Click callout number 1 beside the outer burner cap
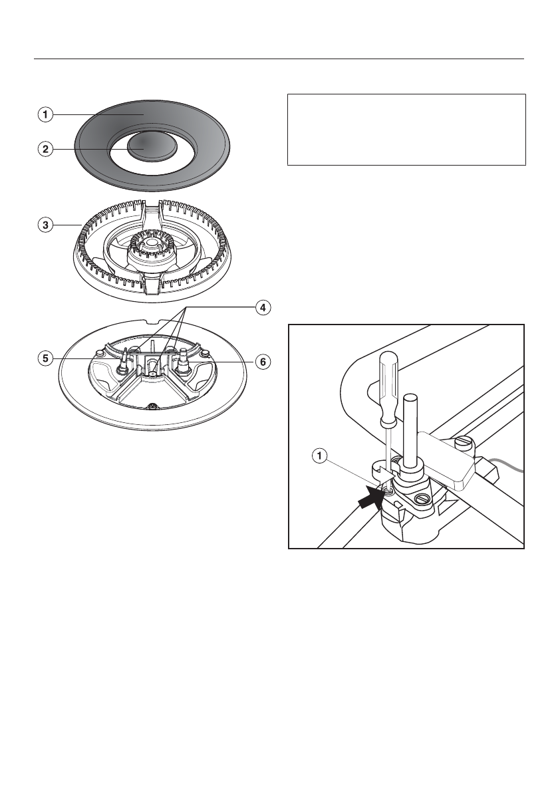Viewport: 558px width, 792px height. pos(45,114)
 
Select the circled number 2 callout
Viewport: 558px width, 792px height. pos(45,149)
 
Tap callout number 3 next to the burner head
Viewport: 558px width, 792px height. pos(45,225)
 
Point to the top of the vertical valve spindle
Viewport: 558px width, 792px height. pos(410,399)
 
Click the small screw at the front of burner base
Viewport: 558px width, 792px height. pos(153,406)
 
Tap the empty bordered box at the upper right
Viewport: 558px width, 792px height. pos(406,129)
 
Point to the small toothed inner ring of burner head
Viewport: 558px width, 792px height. pos(152,249)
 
